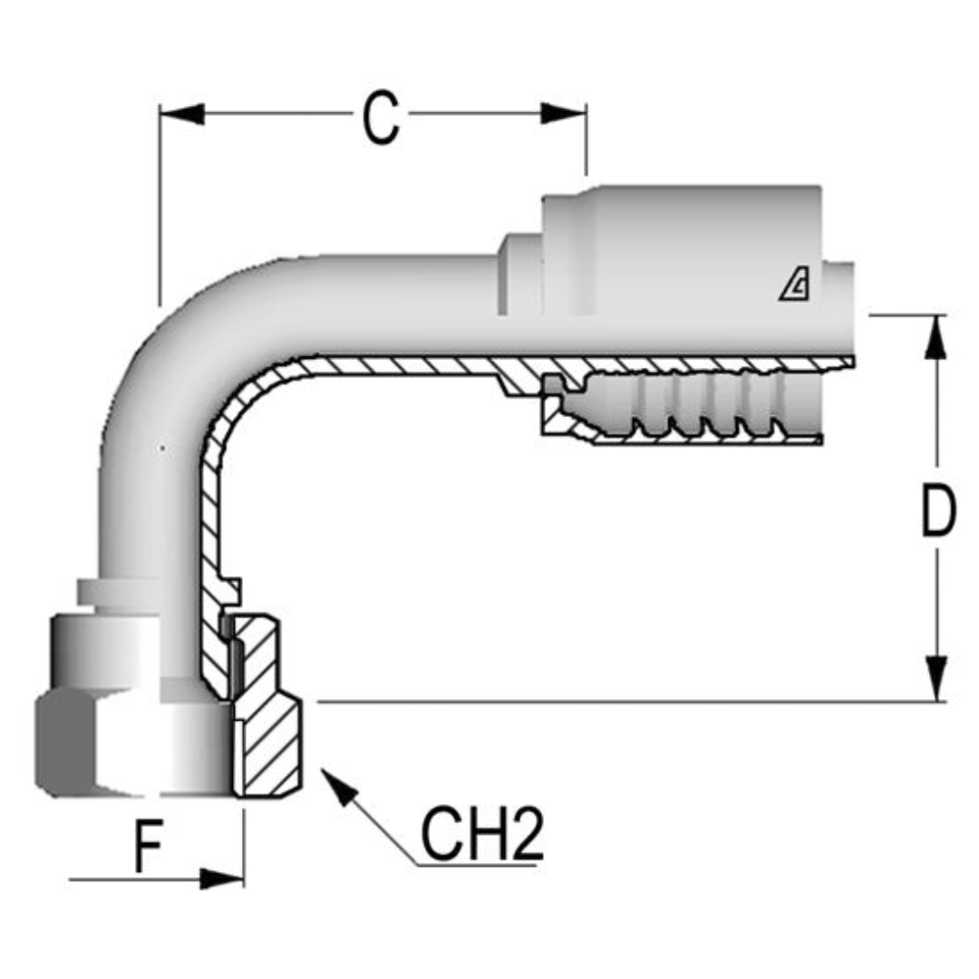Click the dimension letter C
coord(381,118)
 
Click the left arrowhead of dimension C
coord(182,113)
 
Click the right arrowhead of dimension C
coord(563,113)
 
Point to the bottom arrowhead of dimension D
coord(937,678)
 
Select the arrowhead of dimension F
coord(222,878)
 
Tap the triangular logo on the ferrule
coord(795,287)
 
